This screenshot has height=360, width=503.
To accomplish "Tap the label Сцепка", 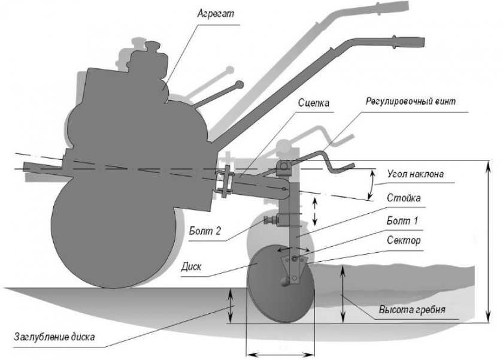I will coord(313,102).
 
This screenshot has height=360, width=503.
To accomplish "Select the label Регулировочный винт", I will coord(411,101).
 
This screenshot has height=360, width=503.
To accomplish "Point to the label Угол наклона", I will coord(415,175).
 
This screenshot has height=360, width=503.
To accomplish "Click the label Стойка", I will coord(403,197).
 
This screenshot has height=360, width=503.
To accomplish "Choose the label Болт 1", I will coord(402,220).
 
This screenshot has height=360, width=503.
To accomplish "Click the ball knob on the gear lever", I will coord(240,84).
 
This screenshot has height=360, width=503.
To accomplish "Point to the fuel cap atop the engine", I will coord(156,45).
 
